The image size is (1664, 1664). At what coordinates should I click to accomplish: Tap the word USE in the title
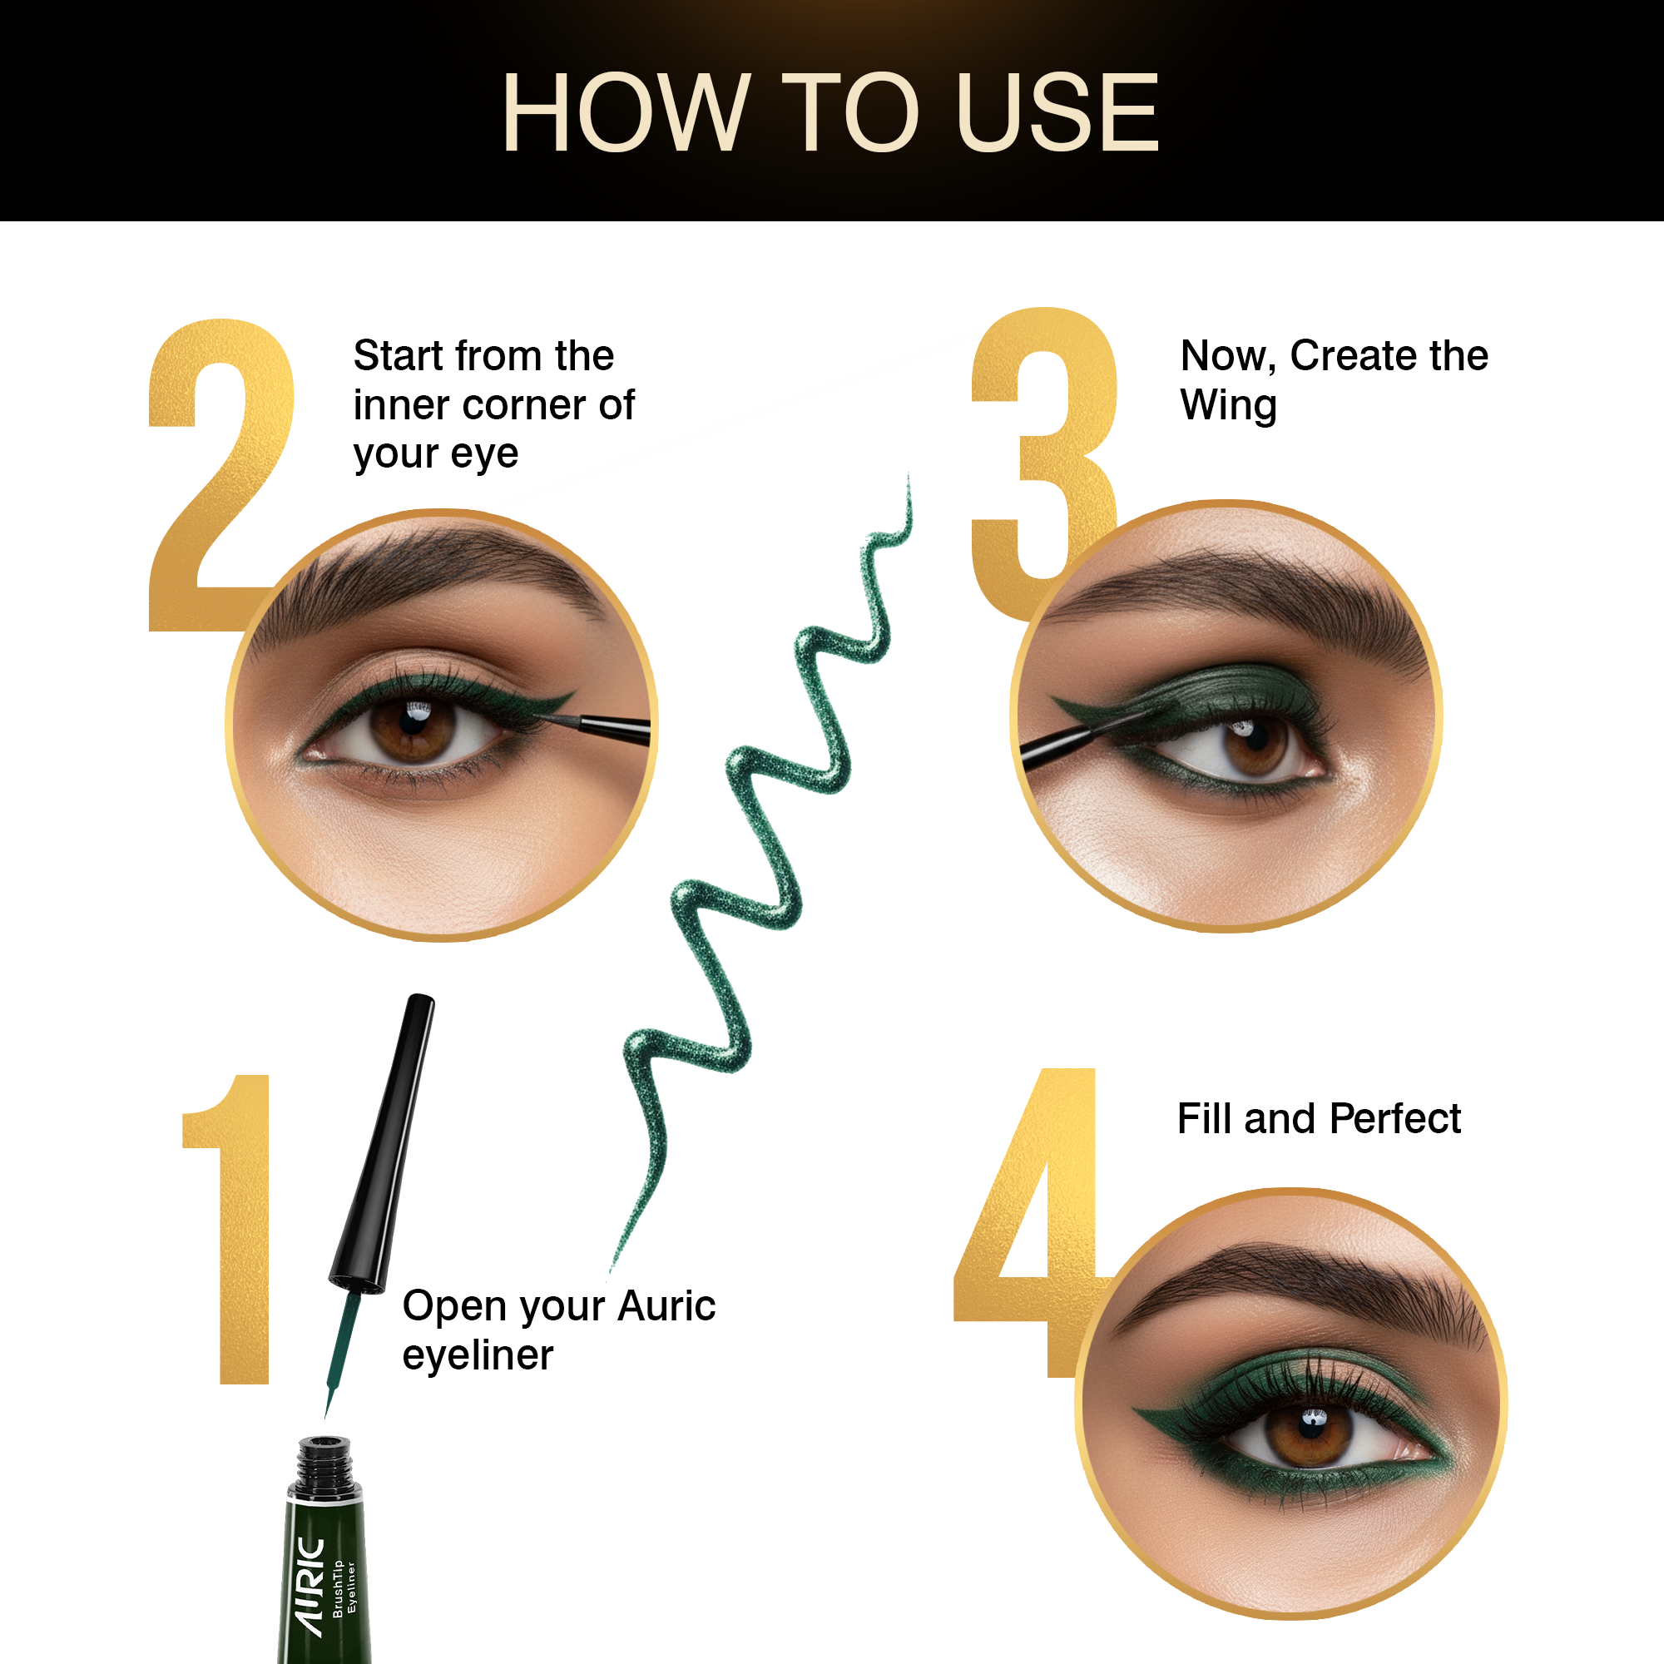click(x=1057, y=112)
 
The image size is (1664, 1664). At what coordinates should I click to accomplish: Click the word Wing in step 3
click(x=1228, y=407)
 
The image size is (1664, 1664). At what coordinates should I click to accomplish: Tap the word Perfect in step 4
click(x=1395, y=1119)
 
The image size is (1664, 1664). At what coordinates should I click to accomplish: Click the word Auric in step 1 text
click(x=666, y=1305)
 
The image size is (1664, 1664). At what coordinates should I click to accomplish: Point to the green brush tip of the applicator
click(x=341, y=1352)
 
